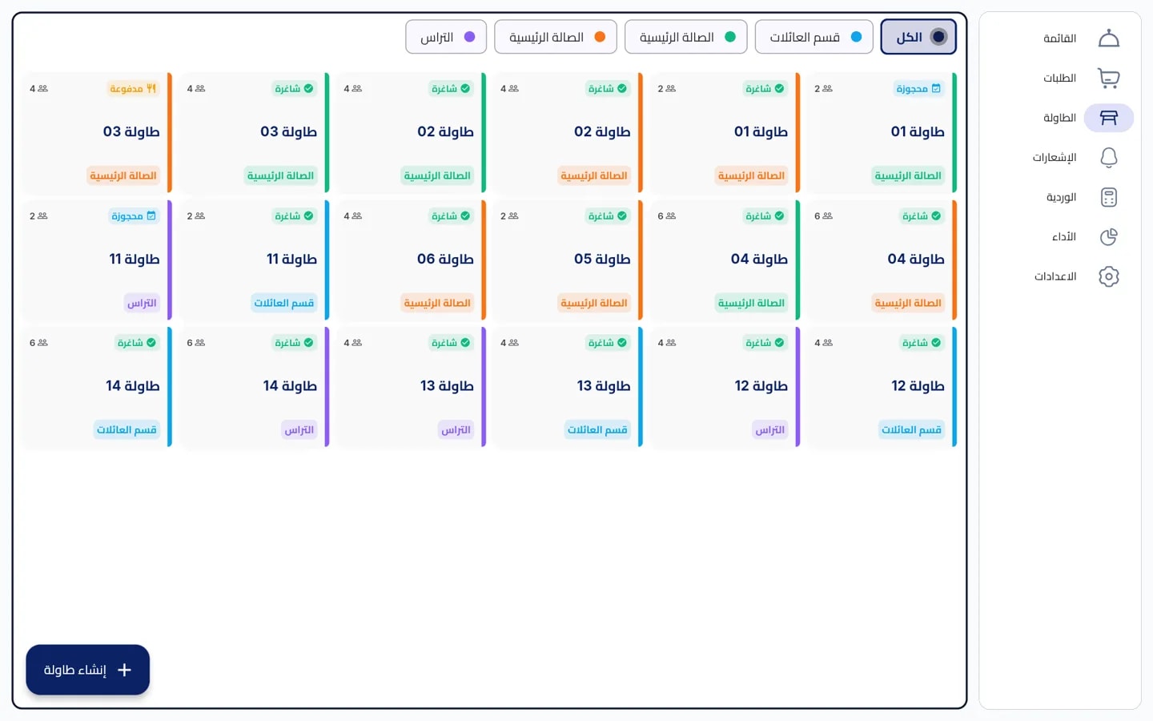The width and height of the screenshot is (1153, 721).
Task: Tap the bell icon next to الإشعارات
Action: point(1109,158)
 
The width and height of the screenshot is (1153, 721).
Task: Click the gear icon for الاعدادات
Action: point(1109,276)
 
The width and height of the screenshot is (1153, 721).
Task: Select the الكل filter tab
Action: point(918,37)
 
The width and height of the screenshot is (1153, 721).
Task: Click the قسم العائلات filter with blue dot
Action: point(814,37)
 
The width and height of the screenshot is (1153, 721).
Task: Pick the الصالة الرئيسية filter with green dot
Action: point(685,37)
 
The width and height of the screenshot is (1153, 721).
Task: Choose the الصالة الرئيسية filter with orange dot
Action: point(556,37)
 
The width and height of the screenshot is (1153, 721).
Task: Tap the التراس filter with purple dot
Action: point(446,37)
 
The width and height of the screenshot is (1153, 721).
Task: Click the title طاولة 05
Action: point(602,259)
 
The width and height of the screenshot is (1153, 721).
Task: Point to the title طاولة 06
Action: point(445,259)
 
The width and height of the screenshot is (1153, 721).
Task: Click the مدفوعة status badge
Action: point(133,89)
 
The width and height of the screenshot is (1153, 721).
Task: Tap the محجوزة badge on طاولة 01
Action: point(918,89)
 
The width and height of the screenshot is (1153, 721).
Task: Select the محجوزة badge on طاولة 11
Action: point(134,215)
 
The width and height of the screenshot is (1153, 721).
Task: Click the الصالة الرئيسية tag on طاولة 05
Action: point(594,303)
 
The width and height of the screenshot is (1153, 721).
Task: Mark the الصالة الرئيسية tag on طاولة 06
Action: point(437,303)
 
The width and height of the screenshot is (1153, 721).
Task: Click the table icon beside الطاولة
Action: point(1109,118)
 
